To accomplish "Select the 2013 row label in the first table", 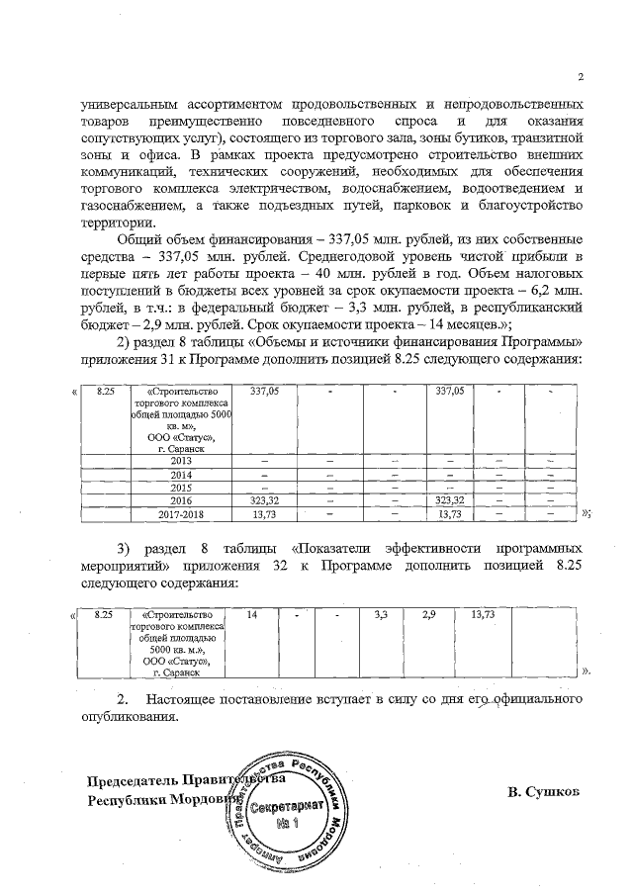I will [x=180, y=461].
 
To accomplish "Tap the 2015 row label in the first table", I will [x=180, y=487].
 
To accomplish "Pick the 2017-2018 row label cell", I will [x=180, y=513].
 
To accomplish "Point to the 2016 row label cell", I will [x=180, y=500].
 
